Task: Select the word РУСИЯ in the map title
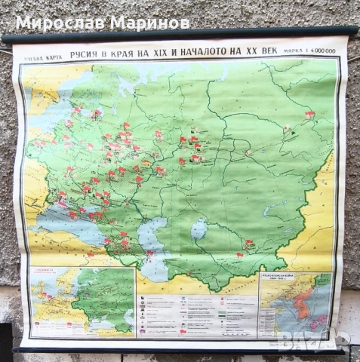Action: pos(88,53)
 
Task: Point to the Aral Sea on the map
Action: pos(199,228)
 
